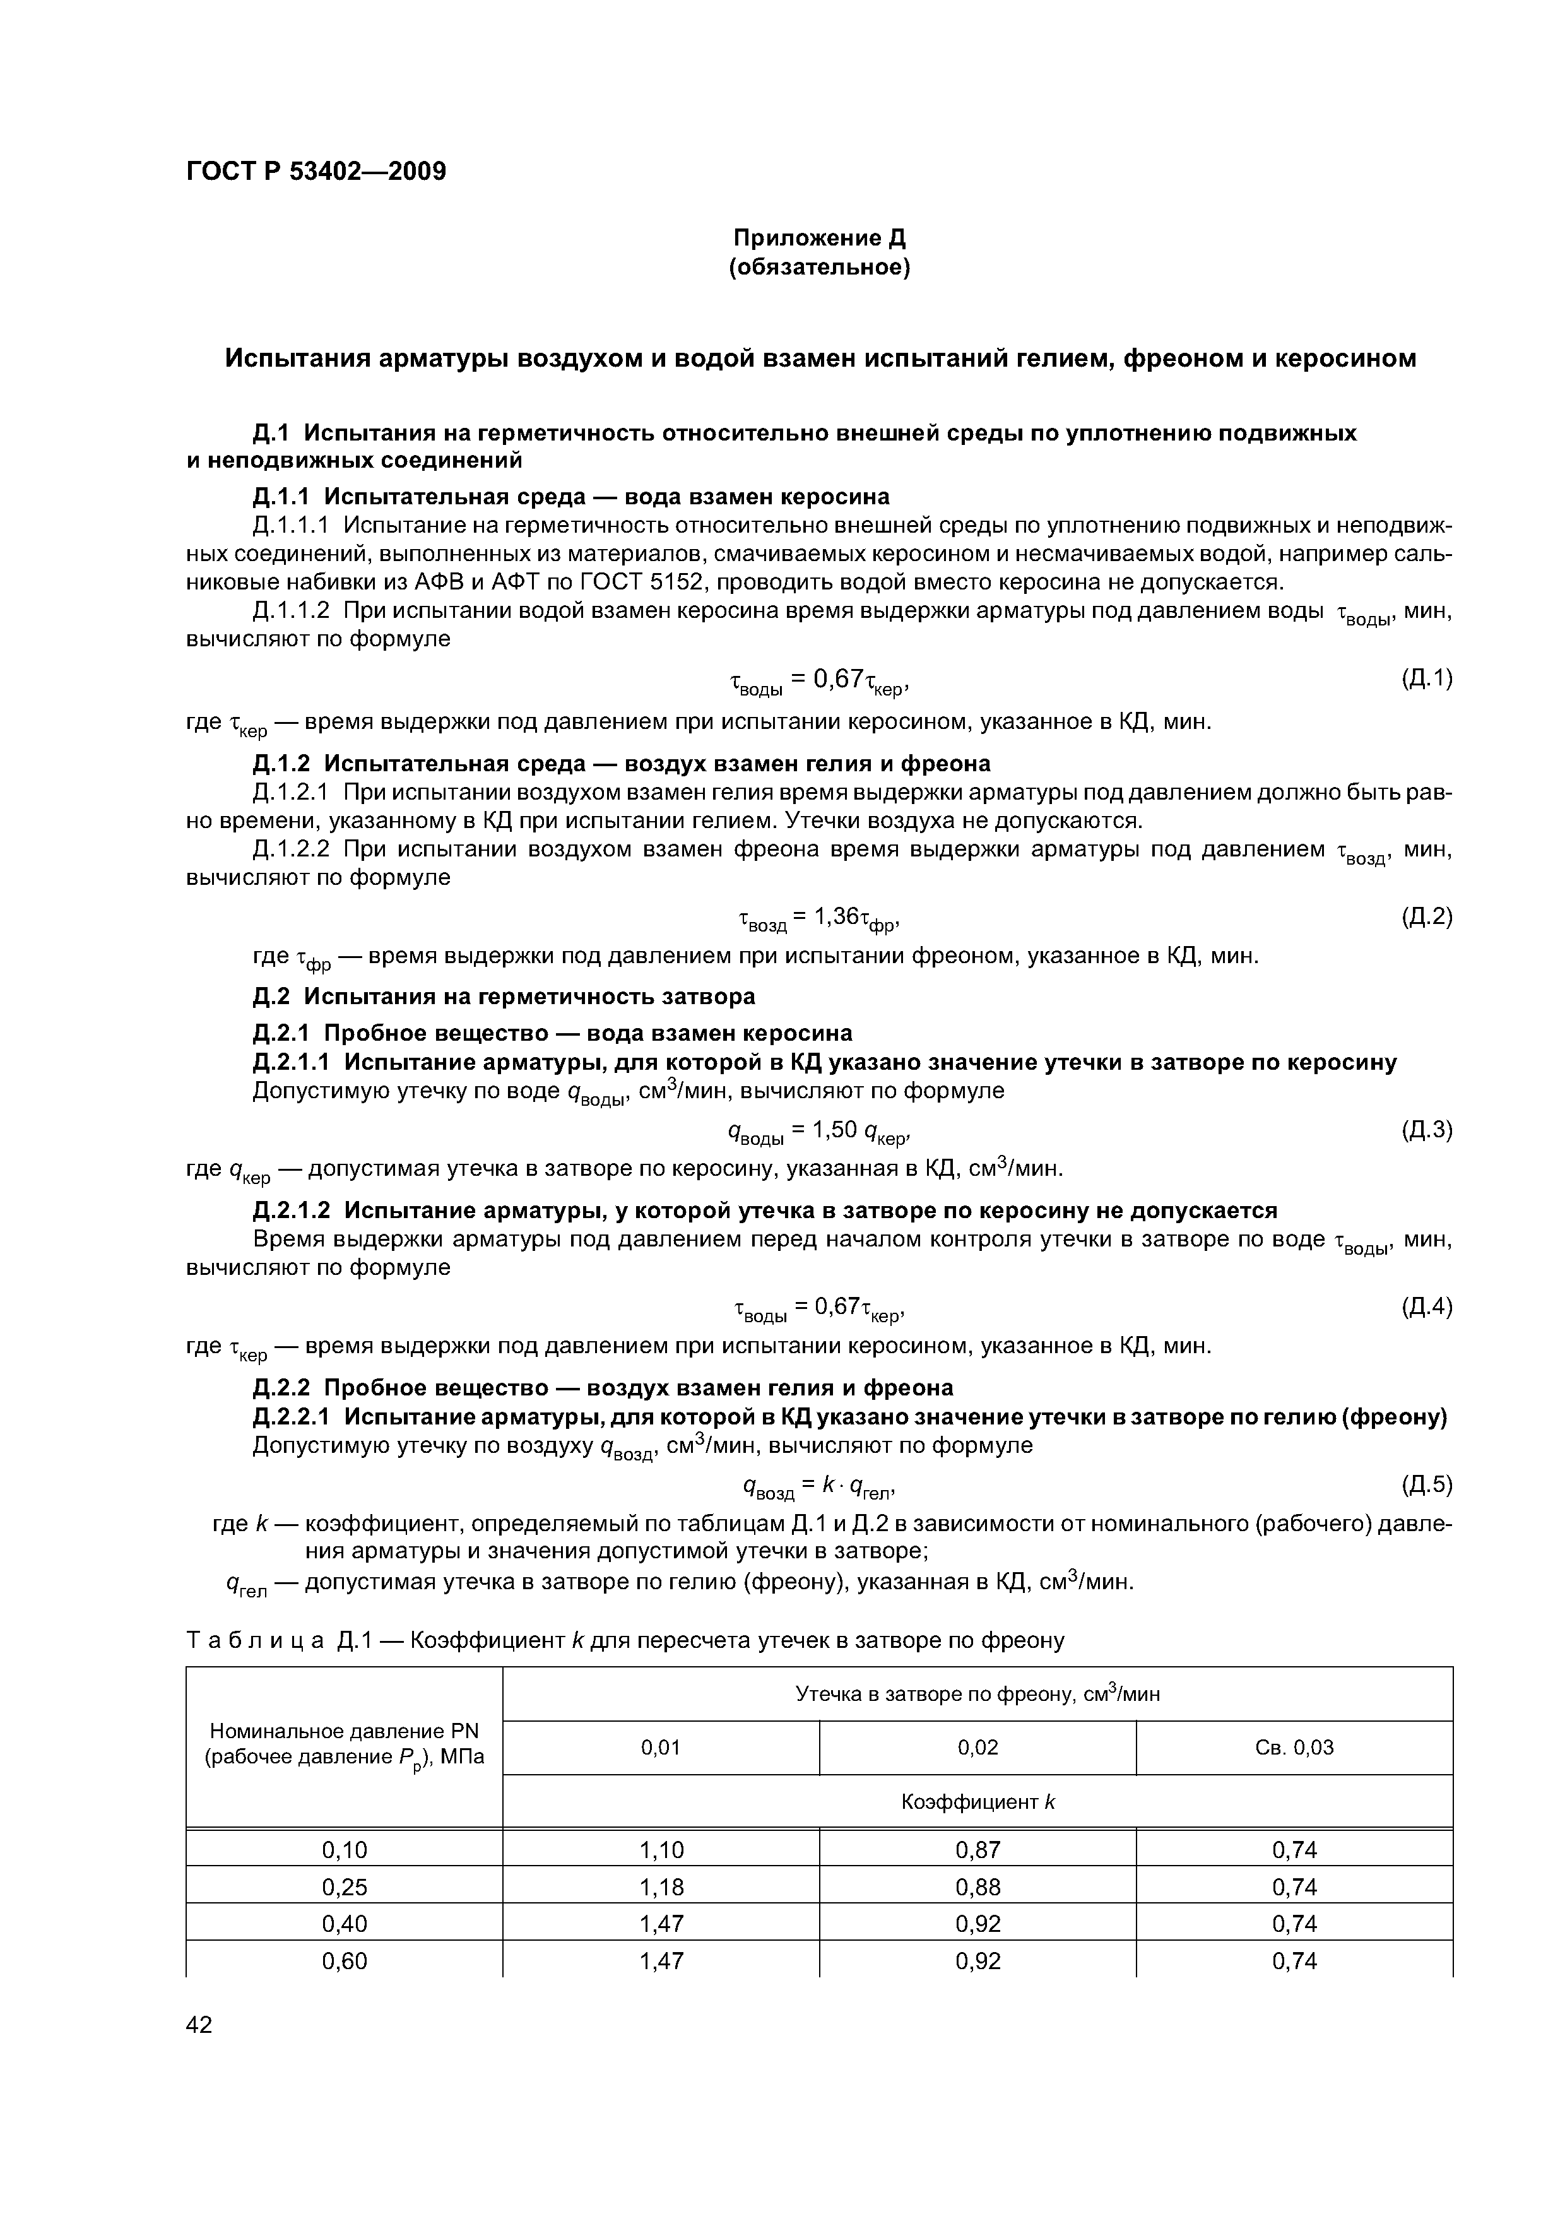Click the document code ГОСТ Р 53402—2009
316,172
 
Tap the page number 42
199,2025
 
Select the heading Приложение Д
820,237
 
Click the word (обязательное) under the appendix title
820,267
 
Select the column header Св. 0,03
1294,1748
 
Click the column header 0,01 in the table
661,1748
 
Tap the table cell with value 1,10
661,1849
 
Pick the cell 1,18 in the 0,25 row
661,1886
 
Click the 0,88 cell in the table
977,1886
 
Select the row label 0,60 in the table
345,1960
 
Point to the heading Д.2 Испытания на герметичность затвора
504,995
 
